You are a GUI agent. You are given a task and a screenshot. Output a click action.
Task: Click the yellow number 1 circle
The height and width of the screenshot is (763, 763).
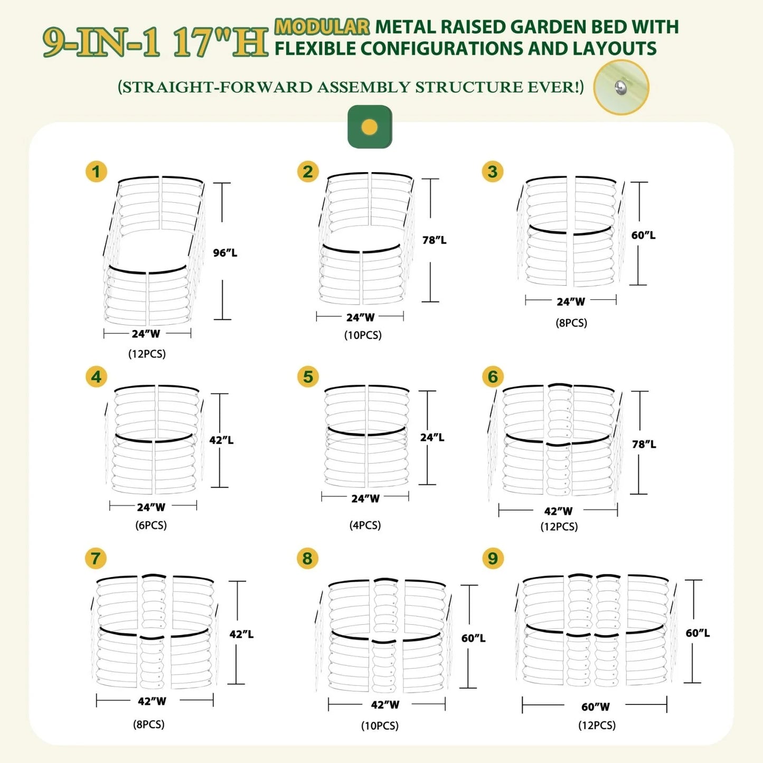[x=96, y=172]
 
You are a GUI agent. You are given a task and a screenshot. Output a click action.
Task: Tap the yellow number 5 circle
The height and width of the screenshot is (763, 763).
[x=308, y=377]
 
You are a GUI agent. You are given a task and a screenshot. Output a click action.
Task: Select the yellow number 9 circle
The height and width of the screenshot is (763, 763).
[x=493, y=558]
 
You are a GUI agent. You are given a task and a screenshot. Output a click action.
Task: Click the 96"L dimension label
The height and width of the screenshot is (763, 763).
[x=225, y=253]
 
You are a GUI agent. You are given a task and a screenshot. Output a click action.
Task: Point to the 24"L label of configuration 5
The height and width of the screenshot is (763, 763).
[x=432, y=437]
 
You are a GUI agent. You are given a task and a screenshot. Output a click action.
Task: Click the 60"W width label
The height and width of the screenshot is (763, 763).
[x=596, y=707]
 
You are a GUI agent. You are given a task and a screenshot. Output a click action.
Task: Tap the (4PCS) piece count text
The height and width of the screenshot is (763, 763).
[x=365, y=525]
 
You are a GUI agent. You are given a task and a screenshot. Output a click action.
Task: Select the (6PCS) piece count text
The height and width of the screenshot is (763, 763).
[x=151, y=525]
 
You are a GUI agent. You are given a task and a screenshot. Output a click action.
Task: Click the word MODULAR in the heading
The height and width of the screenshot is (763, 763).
[x=322, y=26]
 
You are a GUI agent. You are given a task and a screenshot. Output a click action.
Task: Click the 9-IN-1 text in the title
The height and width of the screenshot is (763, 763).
[x=101, y=42]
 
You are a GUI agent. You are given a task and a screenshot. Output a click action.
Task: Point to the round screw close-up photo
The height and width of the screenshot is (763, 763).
[x=621, y=88]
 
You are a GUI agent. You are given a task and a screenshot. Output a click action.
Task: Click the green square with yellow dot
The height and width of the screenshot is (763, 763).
[x=370, y=127]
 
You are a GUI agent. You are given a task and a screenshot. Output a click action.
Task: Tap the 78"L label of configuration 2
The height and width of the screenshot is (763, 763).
[x=434, y=240]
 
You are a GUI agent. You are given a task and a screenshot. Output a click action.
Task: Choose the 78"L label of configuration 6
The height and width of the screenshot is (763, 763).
[x=644, y=445]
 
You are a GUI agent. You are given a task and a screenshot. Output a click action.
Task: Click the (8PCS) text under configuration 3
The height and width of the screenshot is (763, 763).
[x=571, y=323]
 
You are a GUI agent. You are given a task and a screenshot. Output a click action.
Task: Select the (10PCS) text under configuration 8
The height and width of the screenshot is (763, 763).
[x=380, y=726]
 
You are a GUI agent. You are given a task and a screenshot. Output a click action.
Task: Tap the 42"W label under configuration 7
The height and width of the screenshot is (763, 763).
[x=152, y=701]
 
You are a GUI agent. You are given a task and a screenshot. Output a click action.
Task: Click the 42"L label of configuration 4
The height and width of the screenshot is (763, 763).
[x=221, y=440]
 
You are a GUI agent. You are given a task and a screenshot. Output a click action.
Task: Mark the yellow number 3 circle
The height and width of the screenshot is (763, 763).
[x=493, y=172]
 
